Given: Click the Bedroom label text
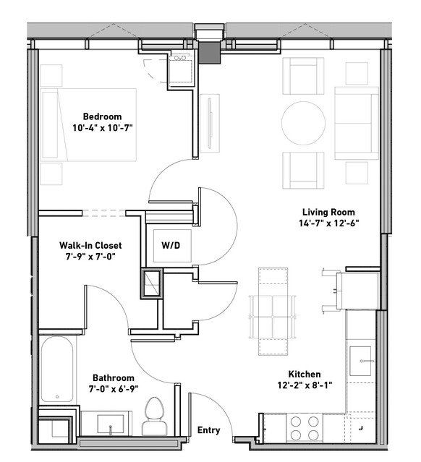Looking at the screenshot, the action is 102,116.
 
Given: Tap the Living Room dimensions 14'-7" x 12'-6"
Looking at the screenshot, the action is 328,223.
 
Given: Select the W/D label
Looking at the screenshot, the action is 171,245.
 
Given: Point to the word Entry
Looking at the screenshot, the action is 209,430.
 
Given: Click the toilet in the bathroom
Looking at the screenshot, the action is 155,416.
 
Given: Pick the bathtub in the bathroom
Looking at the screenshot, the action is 57,369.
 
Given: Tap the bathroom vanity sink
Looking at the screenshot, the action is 110,424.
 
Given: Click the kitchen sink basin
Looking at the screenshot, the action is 360,361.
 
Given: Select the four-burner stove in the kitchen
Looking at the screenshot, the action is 305,428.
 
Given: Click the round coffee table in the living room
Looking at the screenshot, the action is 303,123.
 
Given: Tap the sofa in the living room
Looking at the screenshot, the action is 357,123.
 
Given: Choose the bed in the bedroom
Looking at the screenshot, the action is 88,124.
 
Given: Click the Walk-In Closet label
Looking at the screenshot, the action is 90,245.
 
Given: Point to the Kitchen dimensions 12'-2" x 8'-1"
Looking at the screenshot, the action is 305,385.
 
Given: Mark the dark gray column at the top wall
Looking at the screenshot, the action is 209,53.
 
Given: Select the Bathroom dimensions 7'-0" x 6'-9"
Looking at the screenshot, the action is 114,389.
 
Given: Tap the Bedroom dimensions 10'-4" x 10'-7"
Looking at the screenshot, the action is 103,128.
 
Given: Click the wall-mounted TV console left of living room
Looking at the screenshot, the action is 210,123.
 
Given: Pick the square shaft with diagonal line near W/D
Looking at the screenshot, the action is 151,283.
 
